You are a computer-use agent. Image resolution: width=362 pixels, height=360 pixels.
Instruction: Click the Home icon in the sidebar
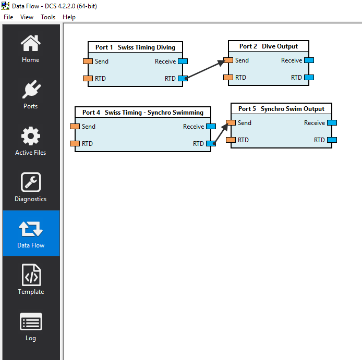[30, 43]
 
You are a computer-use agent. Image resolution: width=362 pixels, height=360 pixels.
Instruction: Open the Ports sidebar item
[30, 90]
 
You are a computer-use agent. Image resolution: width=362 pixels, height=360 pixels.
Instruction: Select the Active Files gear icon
[30, 136]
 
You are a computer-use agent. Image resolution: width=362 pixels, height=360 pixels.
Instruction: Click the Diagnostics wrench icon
[30, 182]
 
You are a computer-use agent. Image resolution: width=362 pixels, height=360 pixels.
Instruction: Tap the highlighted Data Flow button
[31, 233]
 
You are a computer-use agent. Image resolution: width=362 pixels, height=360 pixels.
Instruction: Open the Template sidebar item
[30, 276]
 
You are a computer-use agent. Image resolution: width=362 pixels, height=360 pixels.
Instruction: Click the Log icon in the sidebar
[30, 322]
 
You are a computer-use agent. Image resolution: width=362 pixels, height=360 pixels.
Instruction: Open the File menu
[8, 17]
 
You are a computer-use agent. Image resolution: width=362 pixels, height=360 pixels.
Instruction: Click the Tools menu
[48, 17]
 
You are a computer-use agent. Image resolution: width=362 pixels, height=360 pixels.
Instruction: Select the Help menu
[69, 17]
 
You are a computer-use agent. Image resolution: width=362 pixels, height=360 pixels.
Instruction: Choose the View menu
[27, 17]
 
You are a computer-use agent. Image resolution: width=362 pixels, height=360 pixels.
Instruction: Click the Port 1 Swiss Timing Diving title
[135, 47]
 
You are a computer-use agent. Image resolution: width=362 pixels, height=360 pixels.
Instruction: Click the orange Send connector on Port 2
[228, 60]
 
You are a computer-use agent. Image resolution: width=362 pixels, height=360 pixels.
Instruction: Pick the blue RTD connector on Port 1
[183, 79]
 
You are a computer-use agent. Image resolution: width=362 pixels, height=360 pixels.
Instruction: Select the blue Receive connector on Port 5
[332, 123]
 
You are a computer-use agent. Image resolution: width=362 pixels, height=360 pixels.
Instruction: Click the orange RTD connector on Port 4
[75, 143]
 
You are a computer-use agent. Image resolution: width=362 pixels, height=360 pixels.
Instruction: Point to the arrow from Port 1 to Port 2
[206, 69]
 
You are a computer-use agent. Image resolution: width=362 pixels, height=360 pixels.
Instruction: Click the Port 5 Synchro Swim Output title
[281, 109]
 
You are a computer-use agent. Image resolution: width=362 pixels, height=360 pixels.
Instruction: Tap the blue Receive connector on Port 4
[211, 127]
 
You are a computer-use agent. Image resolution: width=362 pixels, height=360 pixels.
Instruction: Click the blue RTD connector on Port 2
[309, 78]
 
